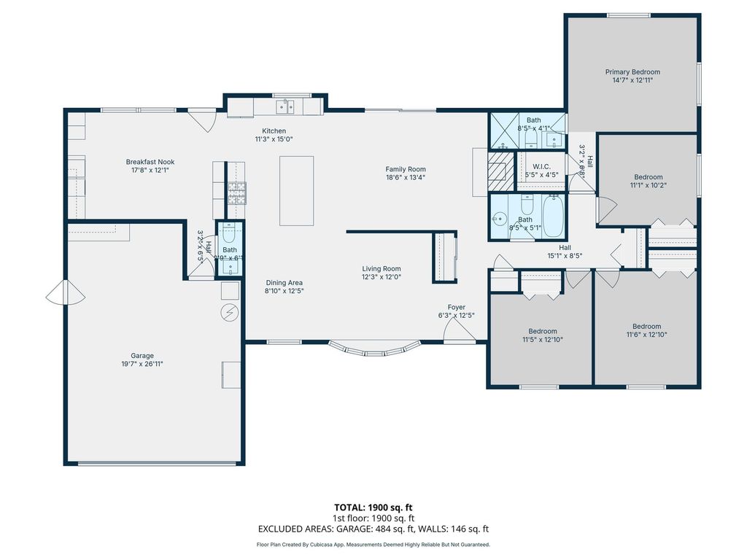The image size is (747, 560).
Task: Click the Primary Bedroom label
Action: pyautogui.click(x=632, y=72)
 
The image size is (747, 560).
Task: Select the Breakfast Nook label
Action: pyautogui.click(x=150, y=162)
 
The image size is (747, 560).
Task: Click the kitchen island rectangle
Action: pyautogui.click(x=297, y=191)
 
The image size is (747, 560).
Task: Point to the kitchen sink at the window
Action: pyautogui.click(x=285, y=107)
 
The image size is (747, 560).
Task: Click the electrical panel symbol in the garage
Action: pyautogui.click(x=229, y=312)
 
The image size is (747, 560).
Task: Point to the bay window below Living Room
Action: pyautogui.click(x=374, y=349)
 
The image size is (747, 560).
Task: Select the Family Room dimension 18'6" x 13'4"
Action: pyautogui.click(x=406, y=177)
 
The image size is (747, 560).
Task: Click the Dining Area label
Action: pyautogui.click(x=284, y=283)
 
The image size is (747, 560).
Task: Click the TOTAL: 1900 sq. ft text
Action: pyautogui.click(x=373, y=507)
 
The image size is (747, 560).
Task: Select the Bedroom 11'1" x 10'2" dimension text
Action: pyautogui.click(x=648, y=185)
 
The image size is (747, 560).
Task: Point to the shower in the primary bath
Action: pyautogui.click(x=503, y=131)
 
